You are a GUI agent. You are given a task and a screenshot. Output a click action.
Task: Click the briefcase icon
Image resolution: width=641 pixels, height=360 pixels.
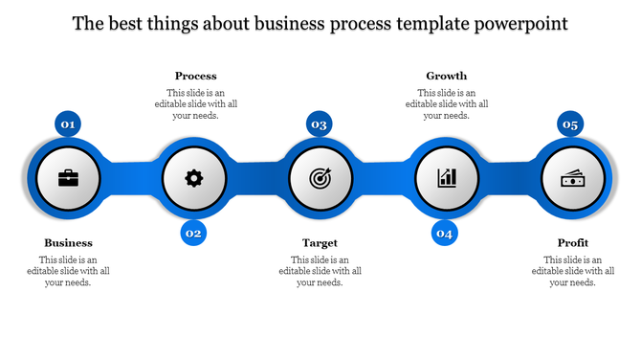68,178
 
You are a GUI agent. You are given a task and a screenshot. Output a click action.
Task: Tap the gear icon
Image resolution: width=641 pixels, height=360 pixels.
194,177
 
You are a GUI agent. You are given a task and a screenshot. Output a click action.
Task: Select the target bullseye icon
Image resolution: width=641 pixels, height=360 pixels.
320,178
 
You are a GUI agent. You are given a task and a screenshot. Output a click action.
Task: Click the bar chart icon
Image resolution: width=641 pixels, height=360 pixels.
447,178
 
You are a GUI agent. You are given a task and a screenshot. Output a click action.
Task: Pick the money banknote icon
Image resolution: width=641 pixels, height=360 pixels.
573,178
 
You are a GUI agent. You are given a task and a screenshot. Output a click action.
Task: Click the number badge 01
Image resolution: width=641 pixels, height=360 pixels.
68,124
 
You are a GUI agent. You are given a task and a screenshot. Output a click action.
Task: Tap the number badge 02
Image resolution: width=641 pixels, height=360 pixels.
193,233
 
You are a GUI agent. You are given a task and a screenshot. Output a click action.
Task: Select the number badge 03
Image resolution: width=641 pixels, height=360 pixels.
320,124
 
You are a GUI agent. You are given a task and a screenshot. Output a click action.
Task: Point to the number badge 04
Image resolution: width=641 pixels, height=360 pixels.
445,233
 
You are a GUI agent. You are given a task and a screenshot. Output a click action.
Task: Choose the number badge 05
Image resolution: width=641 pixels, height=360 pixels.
570,124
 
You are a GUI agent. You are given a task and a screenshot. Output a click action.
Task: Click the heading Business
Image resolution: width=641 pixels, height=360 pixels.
68,243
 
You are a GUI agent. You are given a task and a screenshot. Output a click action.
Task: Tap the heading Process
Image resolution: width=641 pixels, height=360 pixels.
195,76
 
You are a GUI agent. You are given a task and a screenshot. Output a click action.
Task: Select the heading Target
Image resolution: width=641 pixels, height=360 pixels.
320,243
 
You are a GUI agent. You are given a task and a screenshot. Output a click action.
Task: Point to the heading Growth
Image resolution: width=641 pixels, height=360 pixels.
447,76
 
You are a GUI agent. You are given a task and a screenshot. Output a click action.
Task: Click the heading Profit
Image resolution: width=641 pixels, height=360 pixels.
573,243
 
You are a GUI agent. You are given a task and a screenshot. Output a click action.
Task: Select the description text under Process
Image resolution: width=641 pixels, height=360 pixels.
195,103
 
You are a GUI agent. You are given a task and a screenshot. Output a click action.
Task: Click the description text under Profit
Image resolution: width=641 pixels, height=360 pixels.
573,271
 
